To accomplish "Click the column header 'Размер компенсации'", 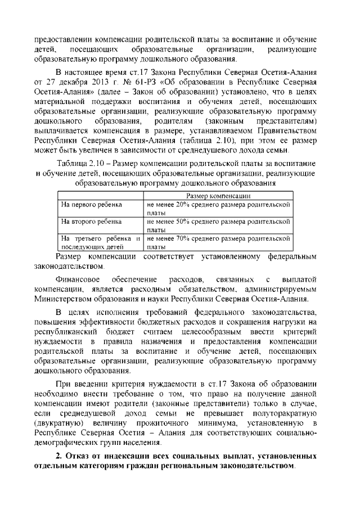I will click(219, 196).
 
